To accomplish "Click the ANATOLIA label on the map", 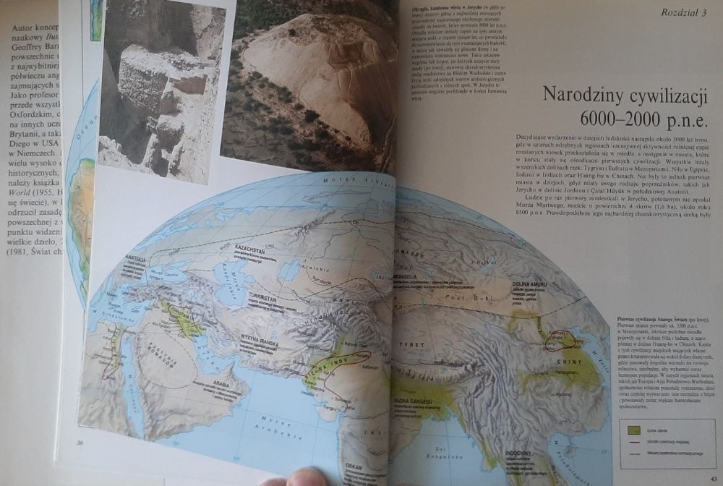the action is pyautogui.click(x=135, y=259).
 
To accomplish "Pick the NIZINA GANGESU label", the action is pyautogui.click(x=414, y=401).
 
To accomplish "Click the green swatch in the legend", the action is pyautogui.click(x=634, y=428).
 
